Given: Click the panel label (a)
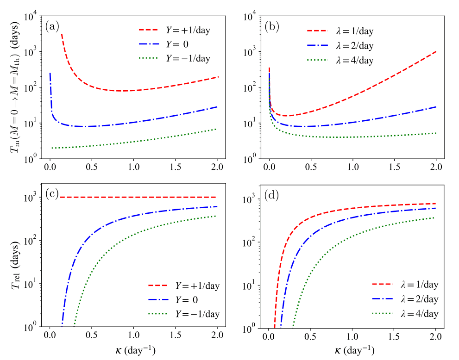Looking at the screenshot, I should click(52, 26).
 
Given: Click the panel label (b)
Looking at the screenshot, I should click(271, 26).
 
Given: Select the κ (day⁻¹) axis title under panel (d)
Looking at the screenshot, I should click(353, 350).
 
